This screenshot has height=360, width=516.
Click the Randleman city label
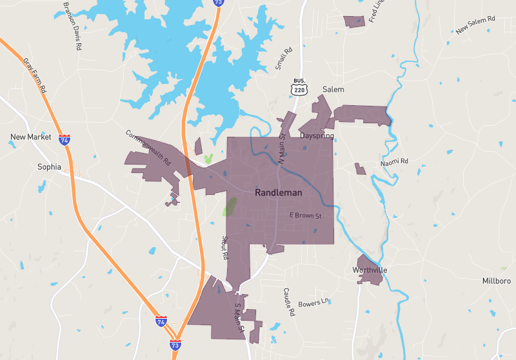click(x=279, y=192)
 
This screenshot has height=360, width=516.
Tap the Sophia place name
click(x=49, y=166)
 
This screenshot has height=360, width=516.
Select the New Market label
click(x=30, y=137)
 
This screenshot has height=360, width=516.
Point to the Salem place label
click(x=333, y=89)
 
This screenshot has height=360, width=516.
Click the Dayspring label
click(x=317, y=136)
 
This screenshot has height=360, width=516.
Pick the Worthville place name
click(x=370, y=269)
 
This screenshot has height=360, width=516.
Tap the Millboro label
click(x=497, y=281)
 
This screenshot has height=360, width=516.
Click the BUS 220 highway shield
click(x=299, y=87)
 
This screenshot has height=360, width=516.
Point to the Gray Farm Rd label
click(x=36, y=76)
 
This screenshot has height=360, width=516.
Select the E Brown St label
click(x=305, y=215)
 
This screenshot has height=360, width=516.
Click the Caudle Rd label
click(x=288, y=301)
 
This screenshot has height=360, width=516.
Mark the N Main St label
click(x=281, y=146)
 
